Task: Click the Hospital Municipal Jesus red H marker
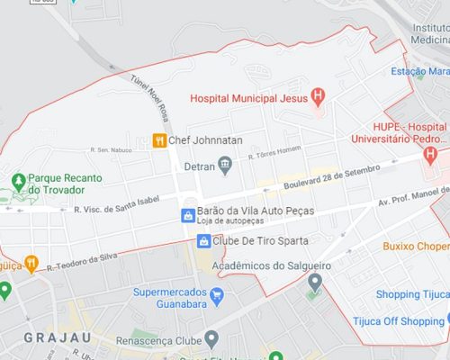pyautogui.click(x=317, y=96)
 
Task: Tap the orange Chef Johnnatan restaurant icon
pyautogui.click(x=159, y=140)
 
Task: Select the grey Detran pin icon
pyautogui.click(x=225, y=165)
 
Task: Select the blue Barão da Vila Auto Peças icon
pyautogui.click(x=187, y=215)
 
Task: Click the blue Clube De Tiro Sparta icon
pyautogui.click(x=204, y=241)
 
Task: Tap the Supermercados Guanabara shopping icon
pyautogui.click(x=216, y=295)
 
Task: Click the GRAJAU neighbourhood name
pyautogui.click(x=41, y=338)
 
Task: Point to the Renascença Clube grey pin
pyautogui.click(x=211, y=339)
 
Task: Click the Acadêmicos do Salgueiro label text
pyautogui.click(x=271, y=265)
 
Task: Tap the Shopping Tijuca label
pyautogui.click(x=411, y=293)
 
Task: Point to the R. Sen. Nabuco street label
pyautogui.click(x=111, y=149)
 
